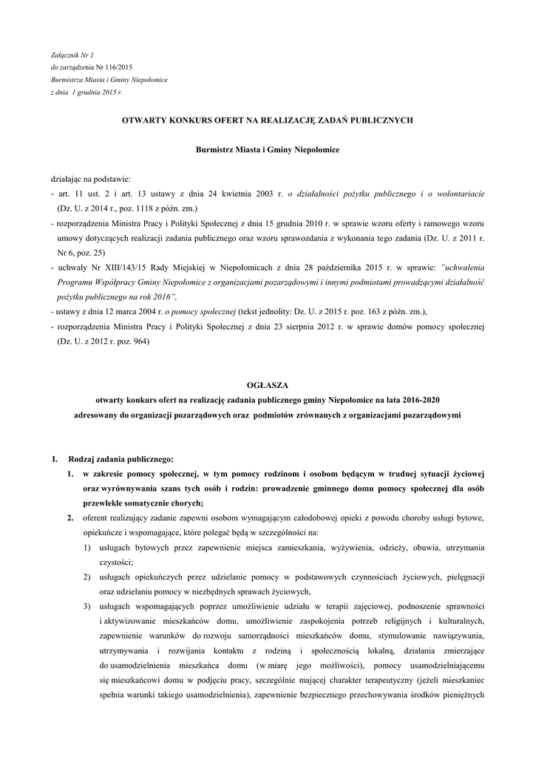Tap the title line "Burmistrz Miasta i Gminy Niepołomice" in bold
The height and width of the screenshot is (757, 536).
coord(267,149)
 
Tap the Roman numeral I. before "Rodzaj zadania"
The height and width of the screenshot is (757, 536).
coord(55,459)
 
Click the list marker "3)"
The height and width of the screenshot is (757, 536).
coord(86,607)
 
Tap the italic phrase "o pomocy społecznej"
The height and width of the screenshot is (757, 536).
coord(203,311)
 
